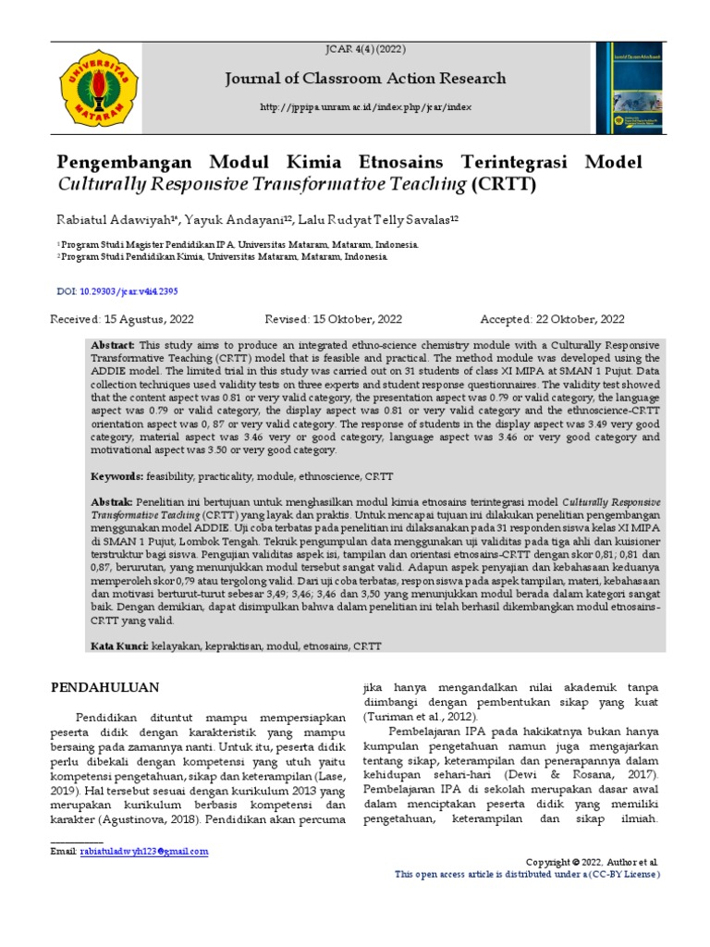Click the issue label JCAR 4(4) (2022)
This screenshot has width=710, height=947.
(366, 49)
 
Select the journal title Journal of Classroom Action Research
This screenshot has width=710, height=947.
(366, 79)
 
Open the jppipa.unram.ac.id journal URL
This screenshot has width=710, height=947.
(366, 108)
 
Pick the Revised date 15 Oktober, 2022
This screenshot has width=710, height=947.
(333, 320)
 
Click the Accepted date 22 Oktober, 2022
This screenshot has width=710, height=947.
(552, 320)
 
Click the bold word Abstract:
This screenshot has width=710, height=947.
(113, 344)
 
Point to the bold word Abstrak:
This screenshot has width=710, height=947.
(112, 500)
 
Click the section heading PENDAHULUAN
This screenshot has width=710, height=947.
(104, 687)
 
